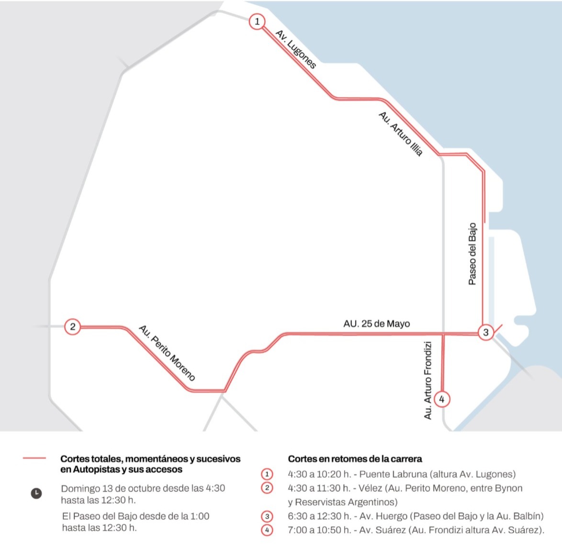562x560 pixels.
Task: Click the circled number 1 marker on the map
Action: click(257, 22)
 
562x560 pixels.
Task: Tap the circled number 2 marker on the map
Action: click(72, 327)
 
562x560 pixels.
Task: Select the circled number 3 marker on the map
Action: click(485, 332)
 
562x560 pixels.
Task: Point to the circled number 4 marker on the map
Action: click(441, 399)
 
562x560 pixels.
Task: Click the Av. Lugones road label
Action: click(296, 49)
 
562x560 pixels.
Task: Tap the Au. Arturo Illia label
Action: click(401, 134)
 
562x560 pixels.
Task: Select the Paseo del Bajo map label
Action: click(472, 254)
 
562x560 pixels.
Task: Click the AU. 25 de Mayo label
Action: click(376, 324)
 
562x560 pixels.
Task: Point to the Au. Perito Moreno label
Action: click(167, 353)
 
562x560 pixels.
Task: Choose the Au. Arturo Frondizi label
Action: click(428, 380)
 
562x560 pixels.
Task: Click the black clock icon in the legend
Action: click(36, 493)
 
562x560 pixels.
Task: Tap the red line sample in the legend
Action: click(34, 459)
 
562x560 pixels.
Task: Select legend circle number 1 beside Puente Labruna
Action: click(267, 474)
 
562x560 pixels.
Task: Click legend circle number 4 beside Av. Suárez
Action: click(267, 530)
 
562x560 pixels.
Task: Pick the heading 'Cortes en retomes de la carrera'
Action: click(355, 459)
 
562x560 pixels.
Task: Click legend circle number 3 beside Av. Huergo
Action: click(267, 516)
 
